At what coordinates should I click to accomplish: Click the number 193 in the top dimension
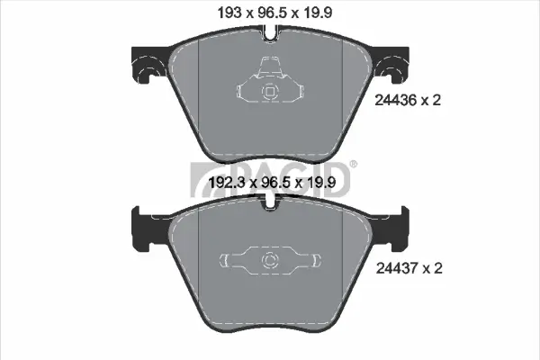click(229, 13)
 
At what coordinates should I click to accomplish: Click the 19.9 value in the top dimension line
click(318, 13)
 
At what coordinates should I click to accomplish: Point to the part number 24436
click(396, 100)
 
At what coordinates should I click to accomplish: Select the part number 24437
click(398, 268)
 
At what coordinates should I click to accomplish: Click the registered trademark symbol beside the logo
click(354, 164)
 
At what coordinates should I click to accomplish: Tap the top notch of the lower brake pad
click(271, 202)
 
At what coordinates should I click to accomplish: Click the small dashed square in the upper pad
click(269, 91)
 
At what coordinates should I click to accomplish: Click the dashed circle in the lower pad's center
click(270, 261)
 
